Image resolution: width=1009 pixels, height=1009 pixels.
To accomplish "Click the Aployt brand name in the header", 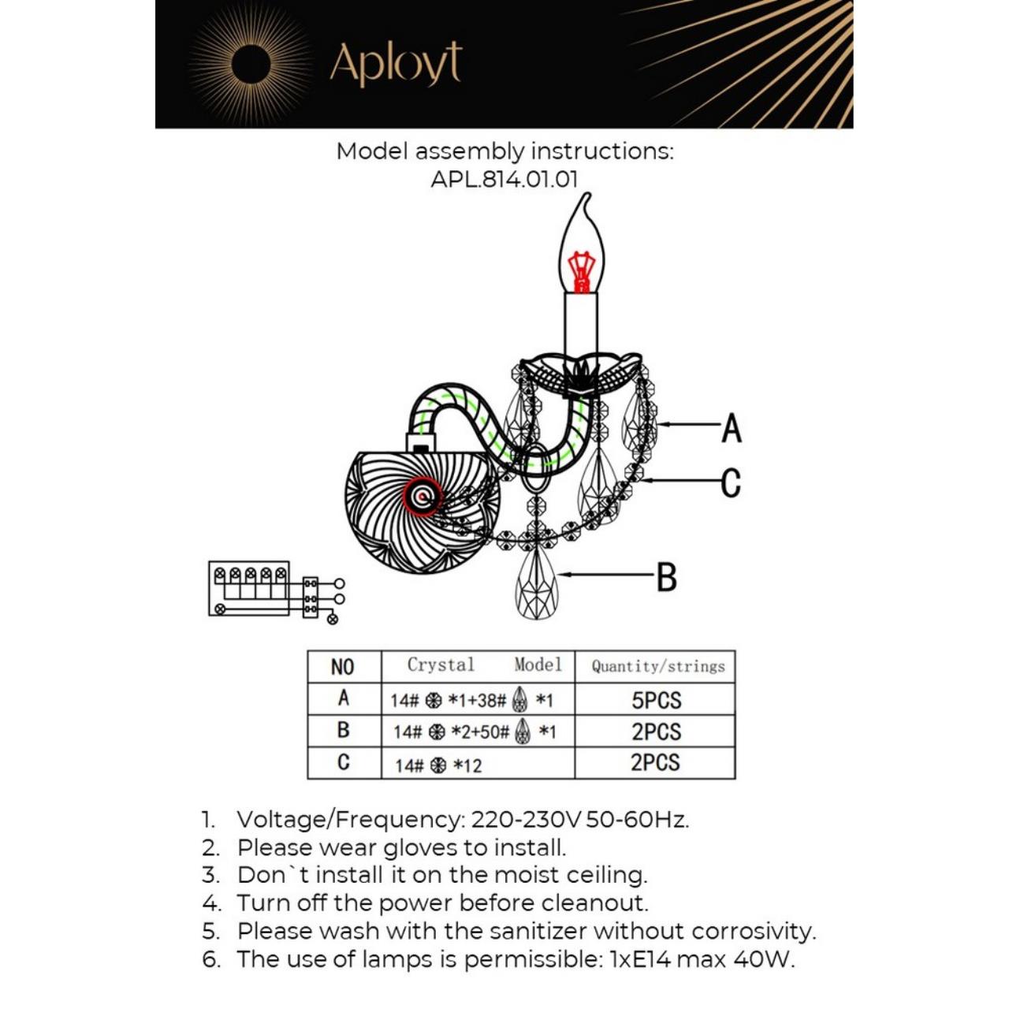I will pyautogui.click(x=395, y=64).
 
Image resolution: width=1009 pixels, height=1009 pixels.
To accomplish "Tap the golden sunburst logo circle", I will pyautogui.click(x=251, y=64).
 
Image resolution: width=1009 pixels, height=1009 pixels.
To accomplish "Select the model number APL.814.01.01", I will pyautogui.click(x=504, y=179).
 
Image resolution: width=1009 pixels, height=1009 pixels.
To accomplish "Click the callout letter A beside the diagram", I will pyautogui.click(x=732, y=428).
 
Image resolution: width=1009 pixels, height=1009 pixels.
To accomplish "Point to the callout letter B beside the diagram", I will pyautogui.click(x=666, y=577).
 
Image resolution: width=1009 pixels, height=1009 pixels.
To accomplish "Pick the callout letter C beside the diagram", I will pyautogui.click(x=731, y=482).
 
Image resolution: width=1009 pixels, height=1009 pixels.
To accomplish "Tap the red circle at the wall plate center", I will pyautogui.click(x=423, y=497).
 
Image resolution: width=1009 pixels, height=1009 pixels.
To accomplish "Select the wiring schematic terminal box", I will pyautogui.click(x=249, y=588).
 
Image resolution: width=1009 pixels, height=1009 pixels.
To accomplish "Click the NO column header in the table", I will pyautogui.click(x=343, y=667).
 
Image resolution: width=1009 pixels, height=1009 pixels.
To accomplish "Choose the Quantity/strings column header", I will pyautogui.click(x=657, y=667).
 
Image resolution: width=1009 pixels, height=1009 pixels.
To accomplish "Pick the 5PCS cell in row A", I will pyautogui.click(x=656, y=700).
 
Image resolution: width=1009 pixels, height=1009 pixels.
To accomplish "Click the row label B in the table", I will pyautogui.click(x=343, y=731).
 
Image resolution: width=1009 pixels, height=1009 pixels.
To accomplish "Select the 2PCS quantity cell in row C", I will pyautogui.click(x=655, y=763).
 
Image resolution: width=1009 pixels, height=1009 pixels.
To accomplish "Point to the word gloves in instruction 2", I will pyautogui.click(x=420, y=848).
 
